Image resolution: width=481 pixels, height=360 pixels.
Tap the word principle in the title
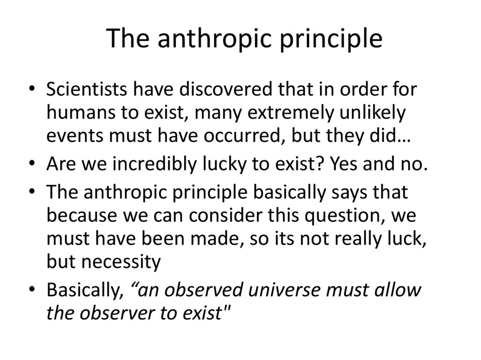(331, 39)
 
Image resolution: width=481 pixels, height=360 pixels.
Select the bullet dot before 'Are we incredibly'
(31, 165)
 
